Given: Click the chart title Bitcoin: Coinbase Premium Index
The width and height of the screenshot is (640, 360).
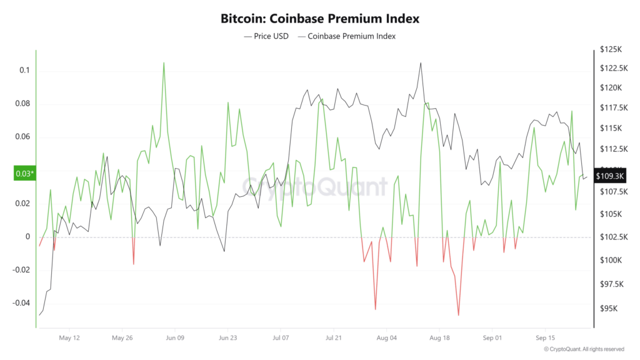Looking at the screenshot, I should pos(319,18).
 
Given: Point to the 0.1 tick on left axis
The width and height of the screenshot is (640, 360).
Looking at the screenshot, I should pos(24,70).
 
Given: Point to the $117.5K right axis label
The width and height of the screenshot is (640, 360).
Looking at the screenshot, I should pos(612,108).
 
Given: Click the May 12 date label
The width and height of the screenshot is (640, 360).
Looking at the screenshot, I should pos(69,337).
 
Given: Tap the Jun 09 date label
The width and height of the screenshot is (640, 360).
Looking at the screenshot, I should pos(174,337).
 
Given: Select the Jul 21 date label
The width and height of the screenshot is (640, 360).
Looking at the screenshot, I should pos(333,337).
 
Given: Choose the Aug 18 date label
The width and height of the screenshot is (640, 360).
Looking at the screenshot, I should pos(439,337).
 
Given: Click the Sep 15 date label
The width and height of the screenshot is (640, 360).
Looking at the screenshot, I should pos(545,337).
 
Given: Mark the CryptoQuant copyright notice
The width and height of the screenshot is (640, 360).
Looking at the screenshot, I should pos(584,349).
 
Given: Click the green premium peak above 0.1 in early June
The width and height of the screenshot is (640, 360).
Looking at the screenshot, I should pos(164,62).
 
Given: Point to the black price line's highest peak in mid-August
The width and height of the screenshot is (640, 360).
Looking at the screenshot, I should pos(421,63).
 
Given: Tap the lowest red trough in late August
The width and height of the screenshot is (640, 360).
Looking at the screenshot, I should pos(458,315).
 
